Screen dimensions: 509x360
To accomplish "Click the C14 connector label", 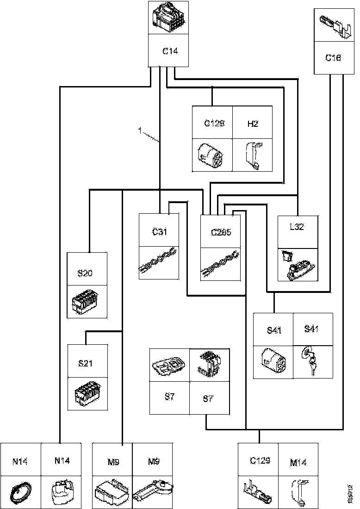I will (169, 51).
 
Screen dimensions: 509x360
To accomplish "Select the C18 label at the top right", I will (334, 58).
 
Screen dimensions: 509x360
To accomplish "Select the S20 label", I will (85, 273).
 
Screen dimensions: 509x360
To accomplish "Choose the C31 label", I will (159, 232).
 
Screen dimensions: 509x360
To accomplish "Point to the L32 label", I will (297, 227).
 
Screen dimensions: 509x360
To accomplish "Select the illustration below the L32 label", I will (298, 265).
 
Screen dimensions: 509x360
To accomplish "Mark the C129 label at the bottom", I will (260, 461).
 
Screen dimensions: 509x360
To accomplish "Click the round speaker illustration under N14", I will (21, 491).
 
